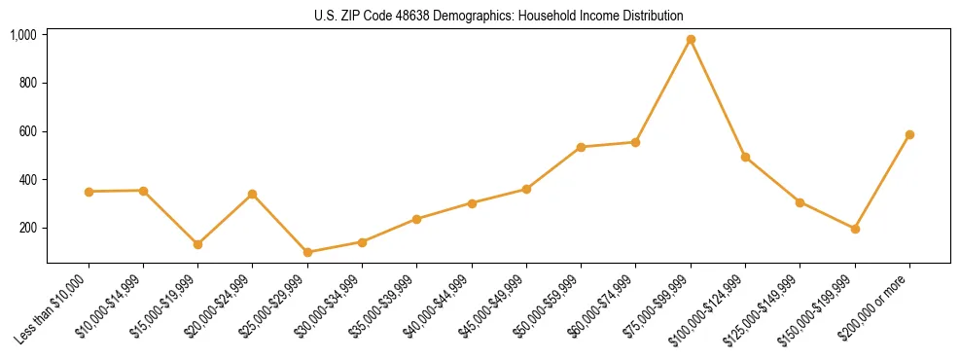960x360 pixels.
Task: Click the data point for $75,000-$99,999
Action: click(691, 40)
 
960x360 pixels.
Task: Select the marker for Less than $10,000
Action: click(89, 192)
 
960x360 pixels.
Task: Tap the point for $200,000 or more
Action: click(909, 135)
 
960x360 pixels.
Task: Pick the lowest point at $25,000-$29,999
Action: click(307, 252)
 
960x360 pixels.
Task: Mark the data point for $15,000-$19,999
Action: click(198, 244)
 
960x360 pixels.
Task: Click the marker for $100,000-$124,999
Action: click(745, 157)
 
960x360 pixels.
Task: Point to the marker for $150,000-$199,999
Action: click(855, 230)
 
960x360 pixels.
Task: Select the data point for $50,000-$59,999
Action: click(581, 147)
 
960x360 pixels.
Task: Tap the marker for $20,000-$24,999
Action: click(253, 195)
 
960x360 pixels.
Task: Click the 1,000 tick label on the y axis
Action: click(23, 35)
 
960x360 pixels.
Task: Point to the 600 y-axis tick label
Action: click(28, 131)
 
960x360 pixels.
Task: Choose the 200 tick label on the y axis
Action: click(28, 228)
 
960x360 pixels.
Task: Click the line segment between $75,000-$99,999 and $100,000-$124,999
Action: click(718, 98)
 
